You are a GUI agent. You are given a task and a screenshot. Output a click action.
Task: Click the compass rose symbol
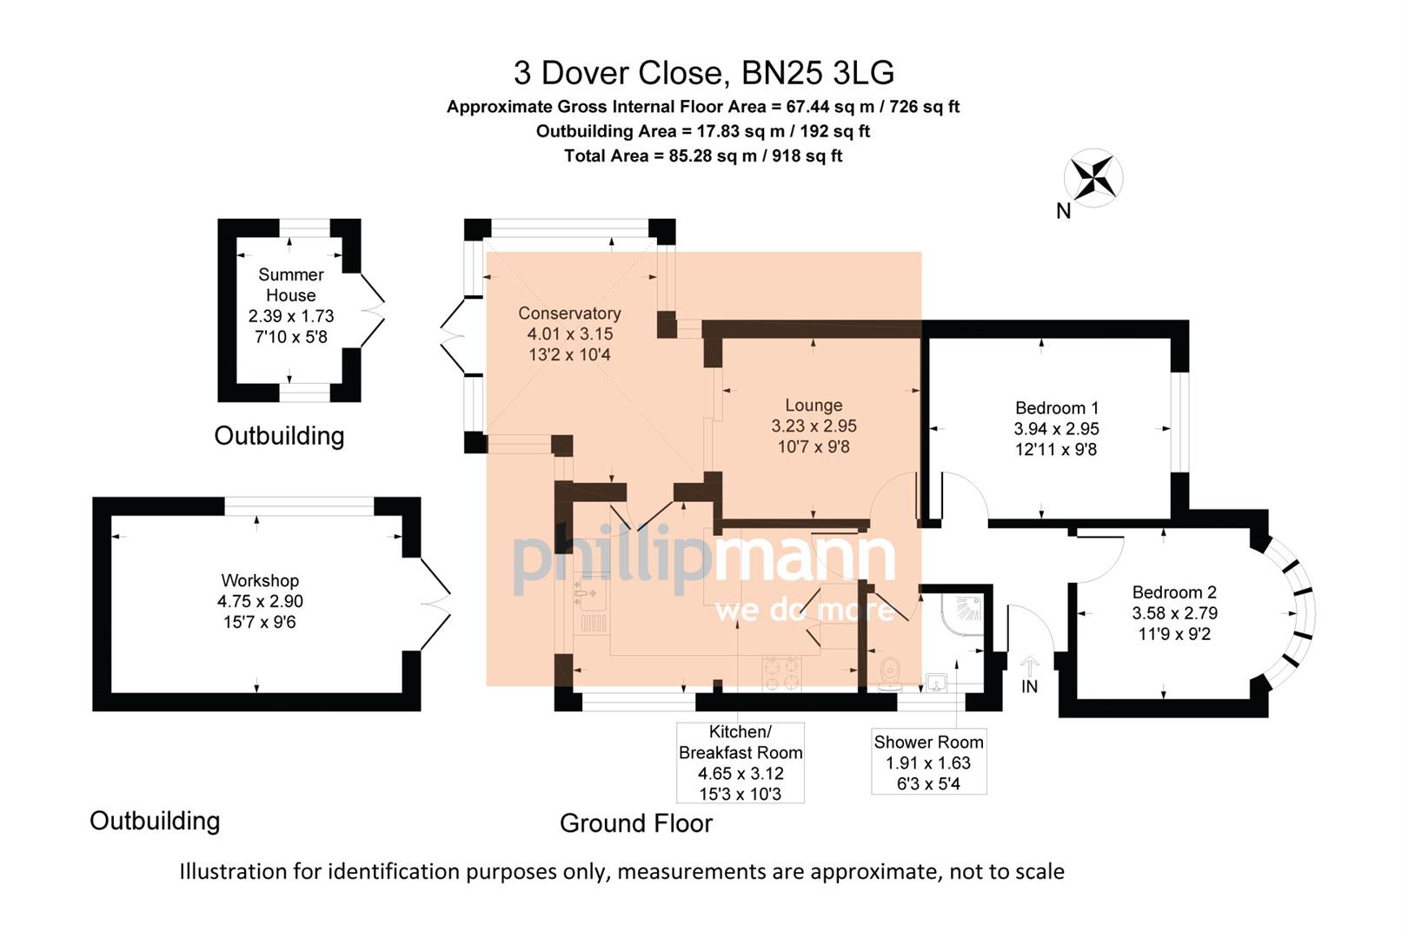coord(1093,178)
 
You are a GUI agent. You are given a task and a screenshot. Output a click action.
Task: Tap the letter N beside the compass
coord(1063,211)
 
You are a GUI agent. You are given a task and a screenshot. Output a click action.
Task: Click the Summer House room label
coord(290,285)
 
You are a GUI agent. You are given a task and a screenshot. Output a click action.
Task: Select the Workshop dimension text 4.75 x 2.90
coord(260,601)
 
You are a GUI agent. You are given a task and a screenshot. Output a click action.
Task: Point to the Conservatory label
coord(569,314)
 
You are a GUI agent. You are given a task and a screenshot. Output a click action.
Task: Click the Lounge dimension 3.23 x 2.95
coord(814,426)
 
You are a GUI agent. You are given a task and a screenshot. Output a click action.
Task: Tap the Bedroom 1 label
coord(1056,408)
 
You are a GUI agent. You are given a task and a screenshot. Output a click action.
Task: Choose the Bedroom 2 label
coord(1173,592)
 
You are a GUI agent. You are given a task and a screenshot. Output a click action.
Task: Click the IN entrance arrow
coord(1029,670)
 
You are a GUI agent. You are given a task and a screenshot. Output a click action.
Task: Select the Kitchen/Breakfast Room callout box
coord(740,763)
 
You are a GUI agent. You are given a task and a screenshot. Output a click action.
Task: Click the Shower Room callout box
coord(928,762)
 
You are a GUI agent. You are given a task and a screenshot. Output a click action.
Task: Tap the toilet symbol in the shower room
coord(889,673)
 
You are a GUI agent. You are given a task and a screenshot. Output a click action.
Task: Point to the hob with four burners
coord(781,673)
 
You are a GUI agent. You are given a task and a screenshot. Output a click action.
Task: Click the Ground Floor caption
coord(635,823)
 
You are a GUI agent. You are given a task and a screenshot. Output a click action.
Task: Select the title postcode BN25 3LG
coord(817,73)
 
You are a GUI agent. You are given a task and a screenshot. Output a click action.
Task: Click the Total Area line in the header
coord(702,156)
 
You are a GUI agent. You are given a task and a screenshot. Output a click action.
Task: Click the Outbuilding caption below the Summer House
coord(279,436)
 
